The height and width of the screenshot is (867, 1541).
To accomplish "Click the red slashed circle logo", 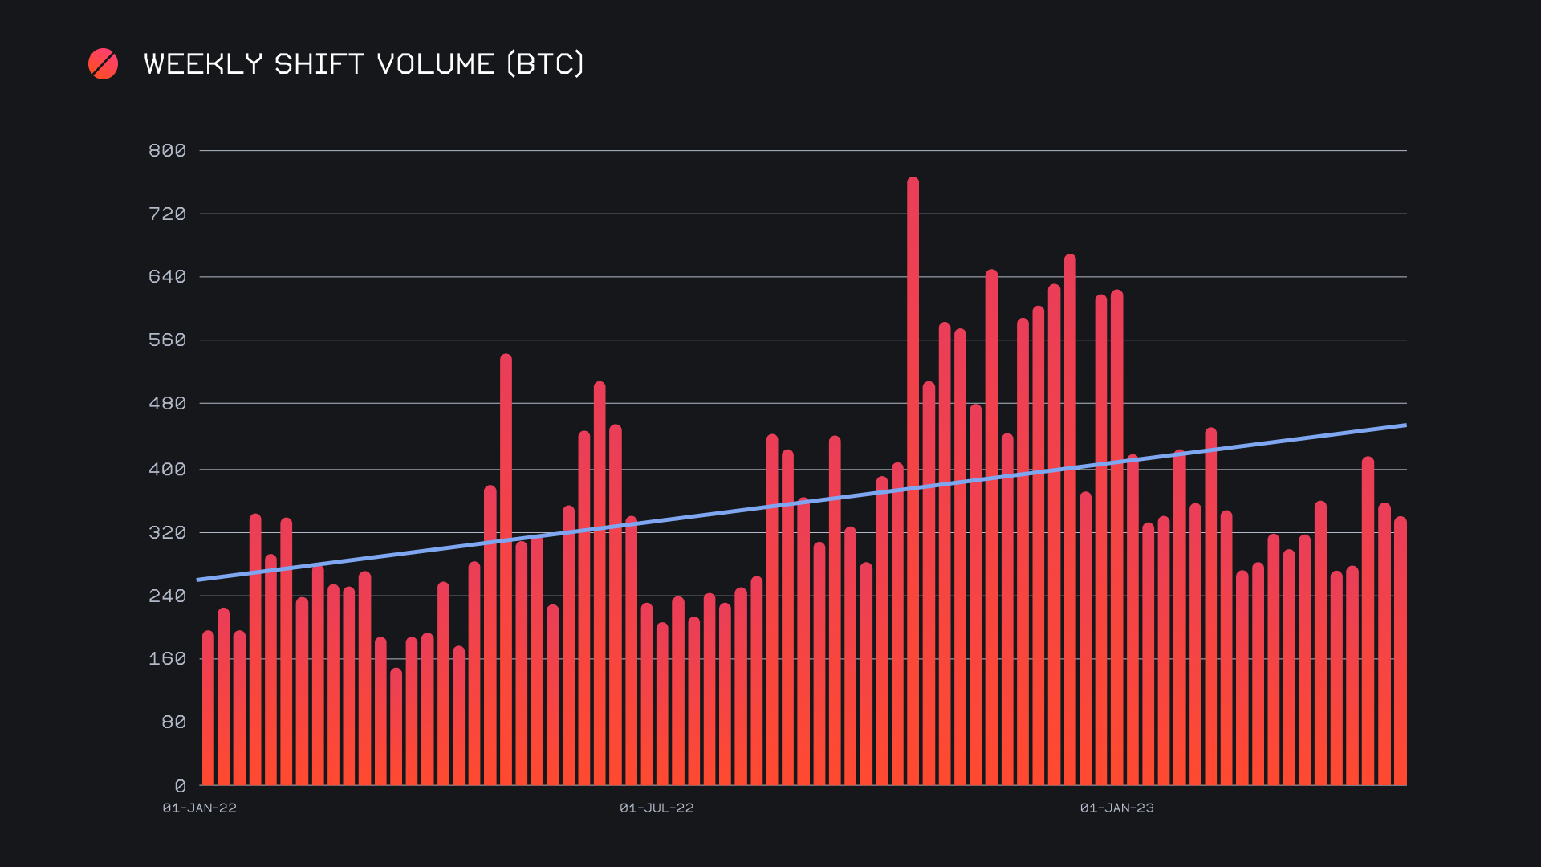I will tap(103, 64).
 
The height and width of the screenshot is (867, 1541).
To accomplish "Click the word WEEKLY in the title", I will tap(203, 64).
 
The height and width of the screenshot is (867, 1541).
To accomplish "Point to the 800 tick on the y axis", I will tap(167, 151).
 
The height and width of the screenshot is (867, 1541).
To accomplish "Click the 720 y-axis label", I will tap(167, 214).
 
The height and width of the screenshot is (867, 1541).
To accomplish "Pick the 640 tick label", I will tap(167, 277).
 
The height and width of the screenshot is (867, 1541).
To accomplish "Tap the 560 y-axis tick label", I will tap(167, 340).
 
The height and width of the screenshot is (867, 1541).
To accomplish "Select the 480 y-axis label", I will tap(167, 404).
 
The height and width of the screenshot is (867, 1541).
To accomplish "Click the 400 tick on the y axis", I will tap(167, 470).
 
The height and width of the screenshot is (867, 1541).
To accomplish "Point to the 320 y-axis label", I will tap(167, 533).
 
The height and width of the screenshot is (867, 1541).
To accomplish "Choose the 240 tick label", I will tap(167, 596).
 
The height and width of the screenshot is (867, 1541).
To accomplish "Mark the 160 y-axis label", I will tap(167, 659).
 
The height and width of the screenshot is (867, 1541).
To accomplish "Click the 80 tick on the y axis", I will tap(173, 722).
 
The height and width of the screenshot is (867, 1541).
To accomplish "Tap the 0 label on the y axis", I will tap(180, 787).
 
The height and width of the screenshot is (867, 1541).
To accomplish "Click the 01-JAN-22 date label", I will tap(200, 808).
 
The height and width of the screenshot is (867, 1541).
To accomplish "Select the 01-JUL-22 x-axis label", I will tap(657, 808).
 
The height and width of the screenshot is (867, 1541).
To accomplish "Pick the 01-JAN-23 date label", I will tap(1116, 808).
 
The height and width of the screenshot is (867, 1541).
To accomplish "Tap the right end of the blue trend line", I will tap(1405, 425).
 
